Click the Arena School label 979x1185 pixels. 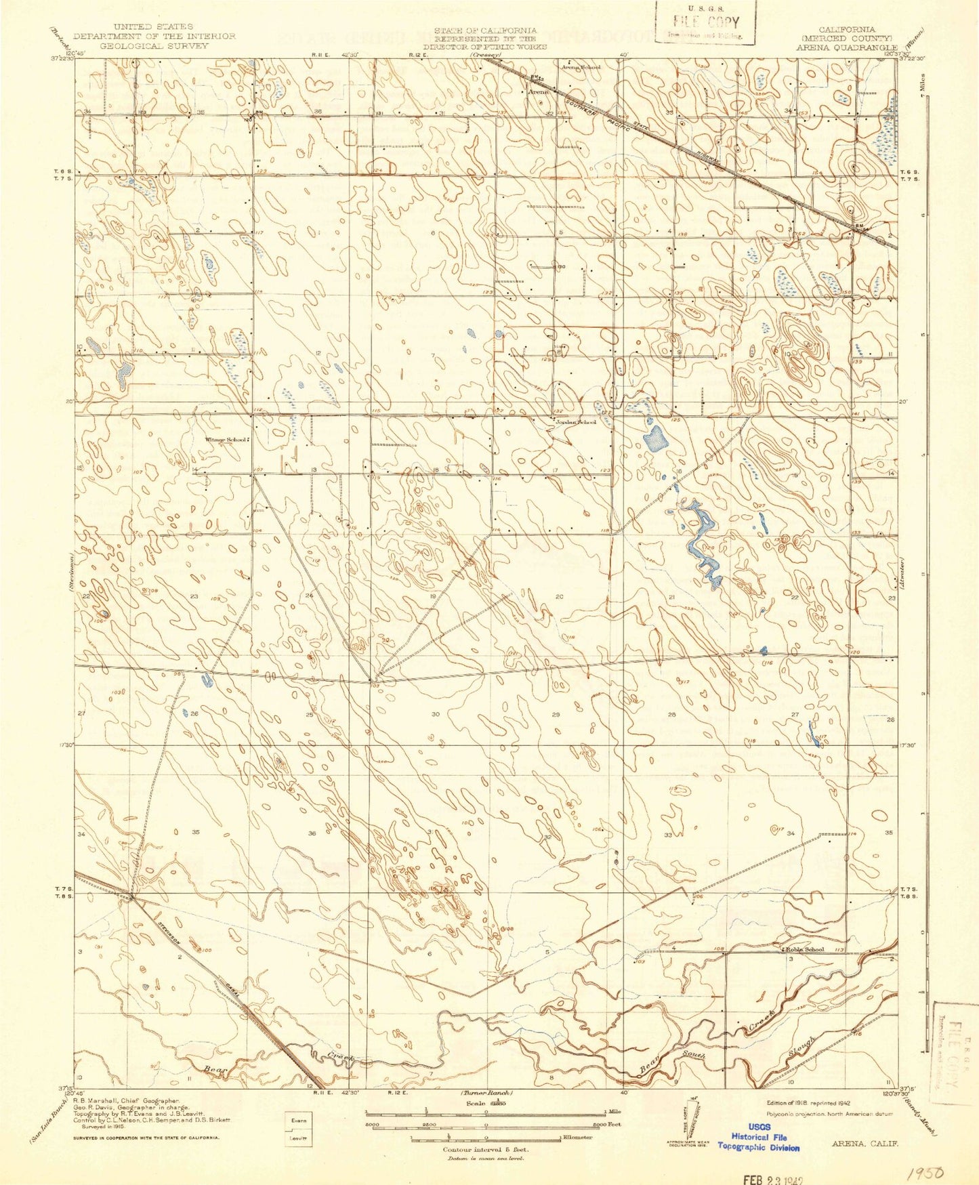[x=580, y=68]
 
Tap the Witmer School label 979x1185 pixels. [x=227, y=440]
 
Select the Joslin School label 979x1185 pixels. [x=576, y=422]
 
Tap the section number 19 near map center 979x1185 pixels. [x=433, y=596]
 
